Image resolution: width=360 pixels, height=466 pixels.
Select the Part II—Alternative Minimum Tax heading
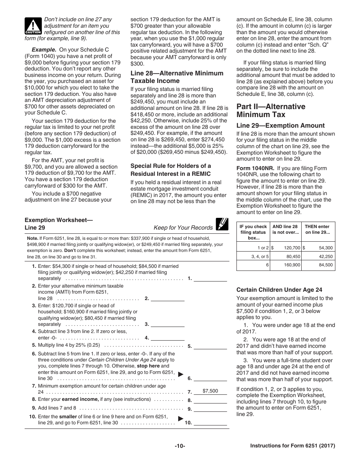271,110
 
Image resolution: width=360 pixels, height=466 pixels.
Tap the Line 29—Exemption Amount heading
280,125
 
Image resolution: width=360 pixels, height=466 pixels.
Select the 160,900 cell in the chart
292,265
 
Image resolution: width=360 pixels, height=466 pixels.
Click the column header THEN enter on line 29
318,230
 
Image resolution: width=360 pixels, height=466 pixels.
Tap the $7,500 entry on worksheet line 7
210,391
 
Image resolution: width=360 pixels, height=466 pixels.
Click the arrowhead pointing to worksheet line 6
181,374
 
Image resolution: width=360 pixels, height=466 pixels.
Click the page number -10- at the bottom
180,446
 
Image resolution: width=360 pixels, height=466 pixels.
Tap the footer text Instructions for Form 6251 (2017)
293,446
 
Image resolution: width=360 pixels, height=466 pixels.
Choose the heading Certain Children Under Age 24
279,290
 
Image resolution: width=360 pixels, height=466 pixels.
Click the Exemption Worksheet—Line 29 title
59,224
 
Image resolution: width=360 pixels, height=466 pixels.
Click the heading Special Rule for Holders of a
171,166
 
